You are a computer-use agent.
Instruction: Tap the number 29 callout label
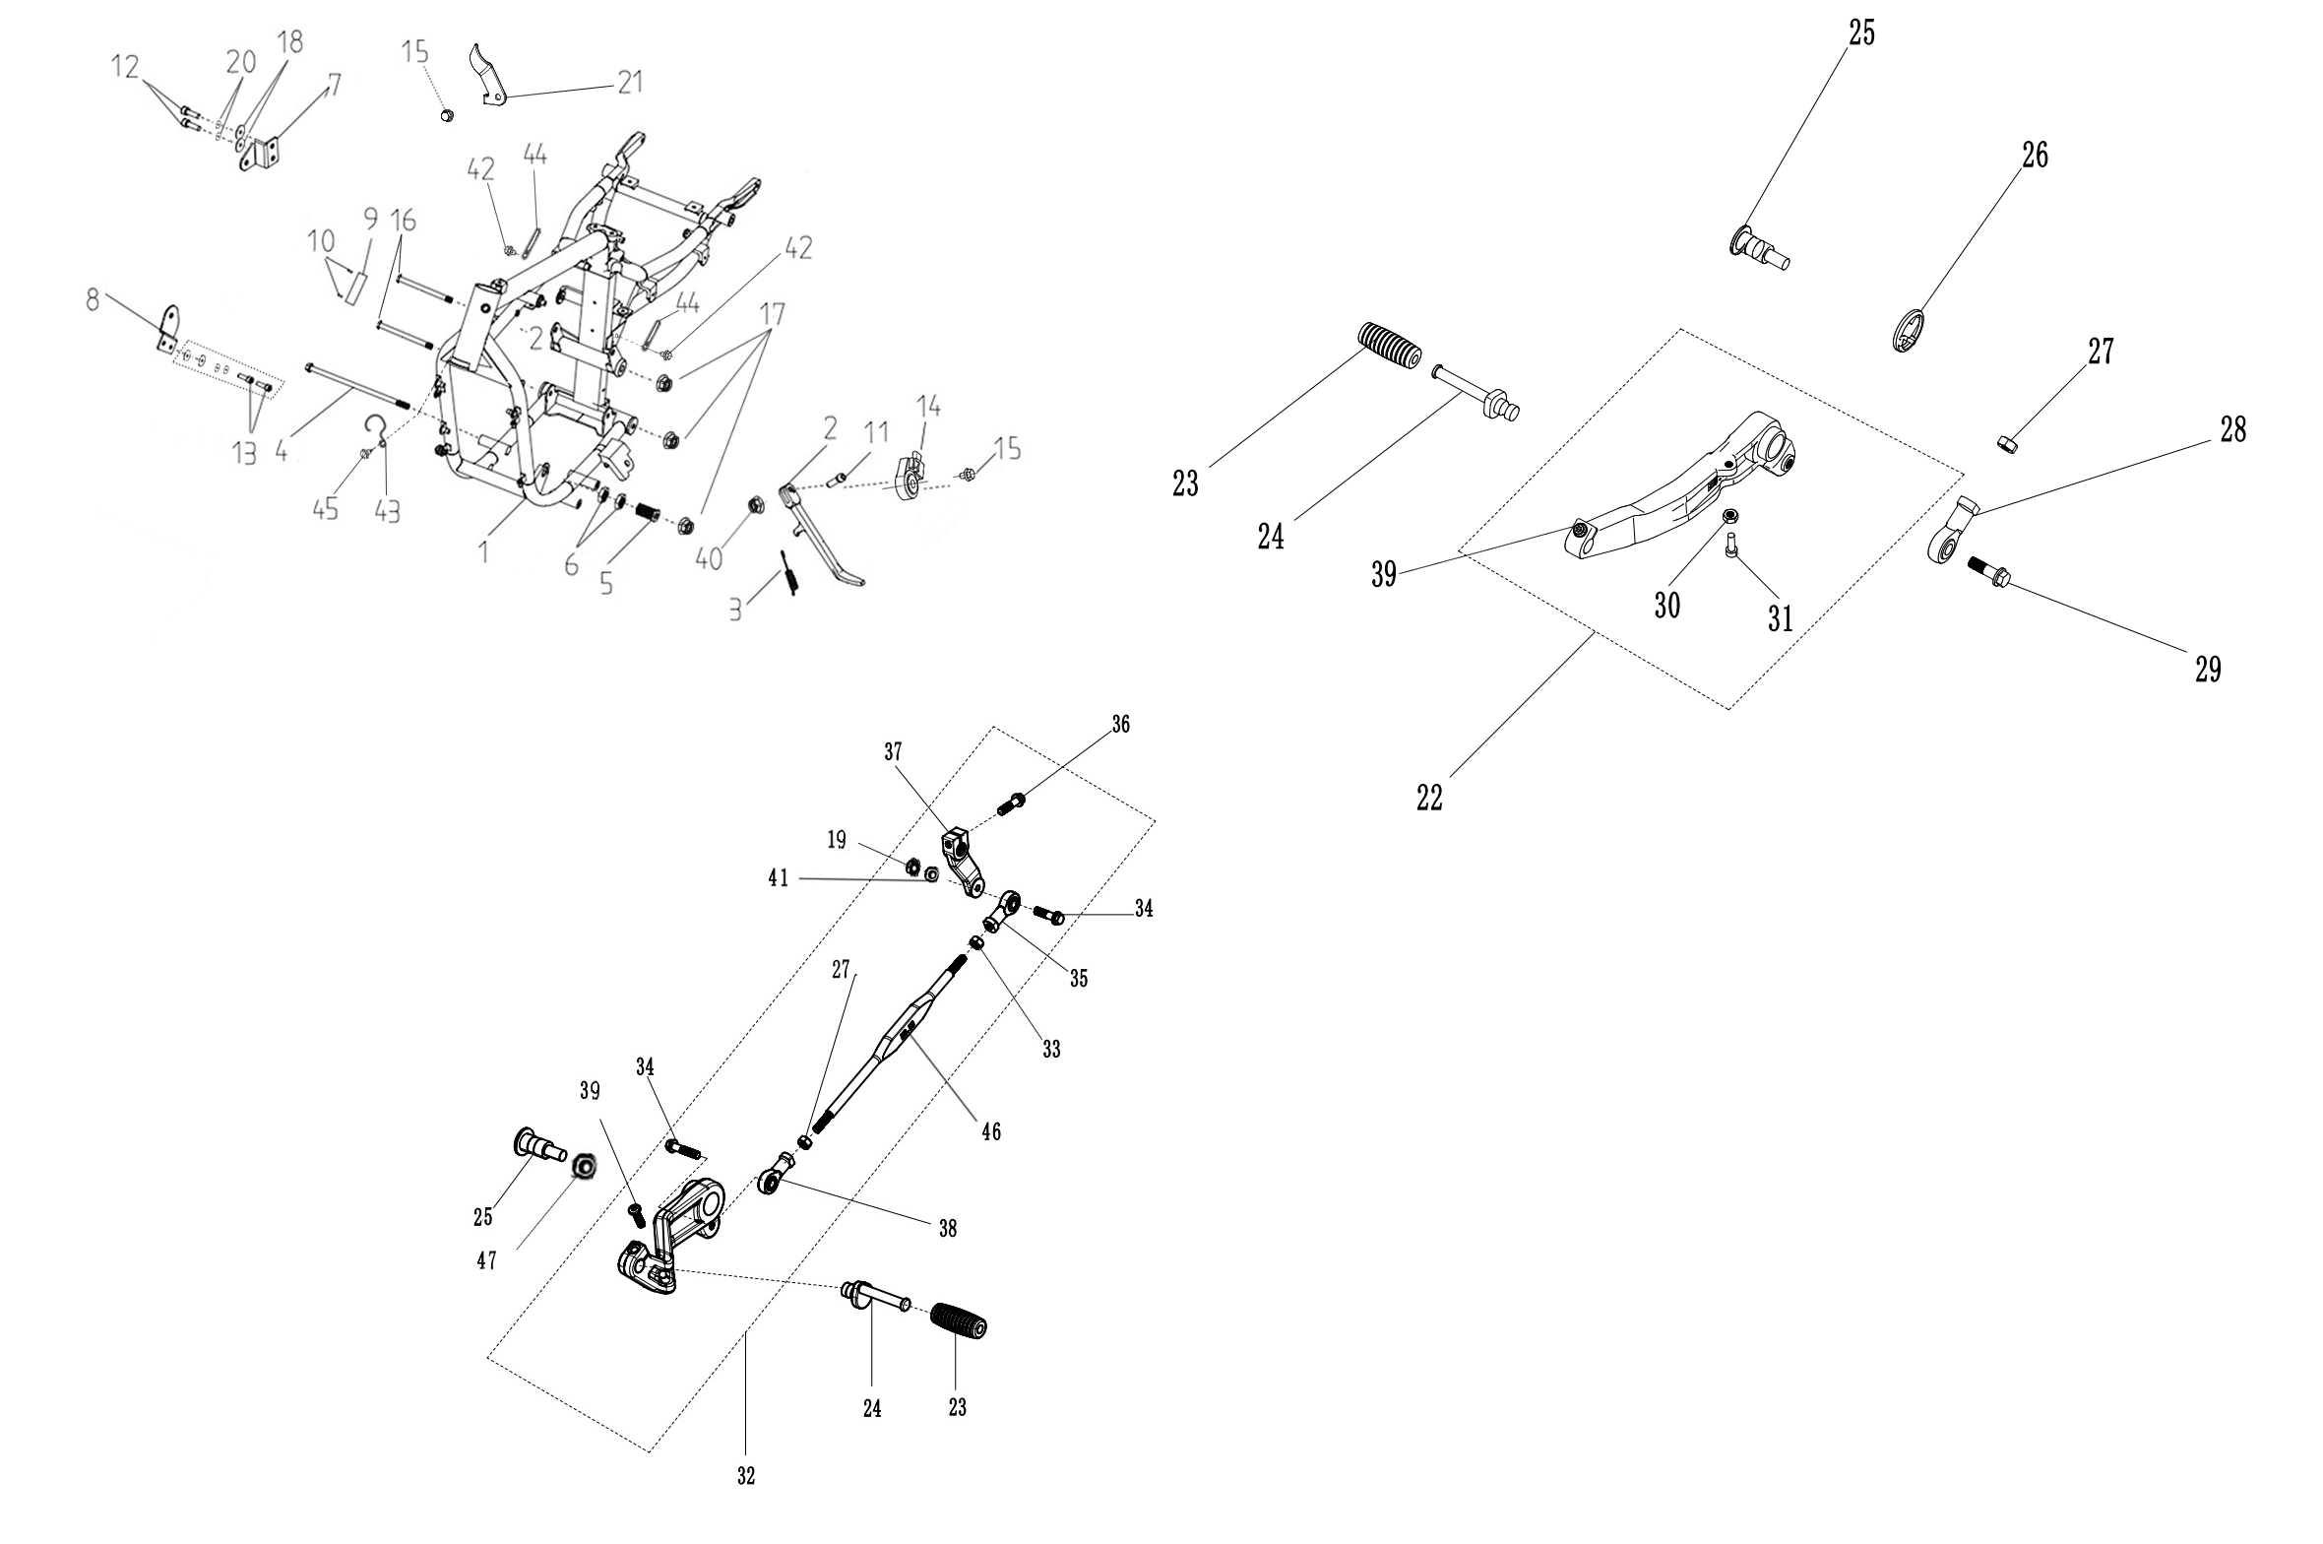click(x=2208, y=670)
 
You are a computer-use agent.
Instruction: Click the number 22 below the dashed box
click(x=1429, y=799)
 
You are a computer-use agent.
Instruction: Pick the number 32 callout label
click(x=745, y=1505)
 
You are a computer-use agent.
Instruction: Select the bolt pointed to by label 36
click(x=1011, y=803)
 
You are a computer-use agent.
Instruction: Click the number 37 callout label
click(x=893, y=752)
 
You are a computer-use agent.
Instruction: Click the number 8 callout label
click(x=93, y=299)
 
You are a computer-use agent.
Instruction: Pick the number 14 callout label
click(x=928, y=406)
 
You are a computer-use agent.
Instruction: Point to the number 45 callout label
click(x=325, y=509)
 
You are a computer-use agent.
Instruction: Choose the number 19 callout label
click(x=837, y=840)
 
